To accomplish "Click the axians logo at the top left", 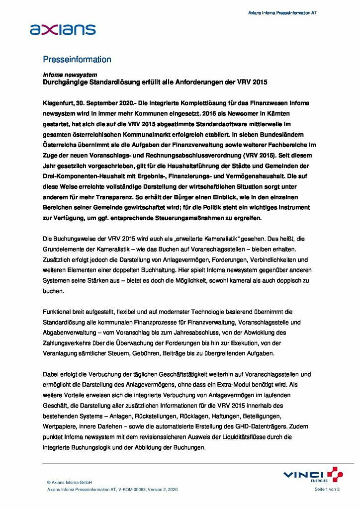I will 63,29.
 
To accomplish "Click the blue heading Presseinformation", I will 77,60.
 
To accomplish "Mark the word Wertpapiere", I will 60,426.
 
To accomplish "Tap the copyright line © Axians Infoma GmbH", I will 69,482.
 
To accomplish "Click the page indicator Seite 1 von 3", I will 327,490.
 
